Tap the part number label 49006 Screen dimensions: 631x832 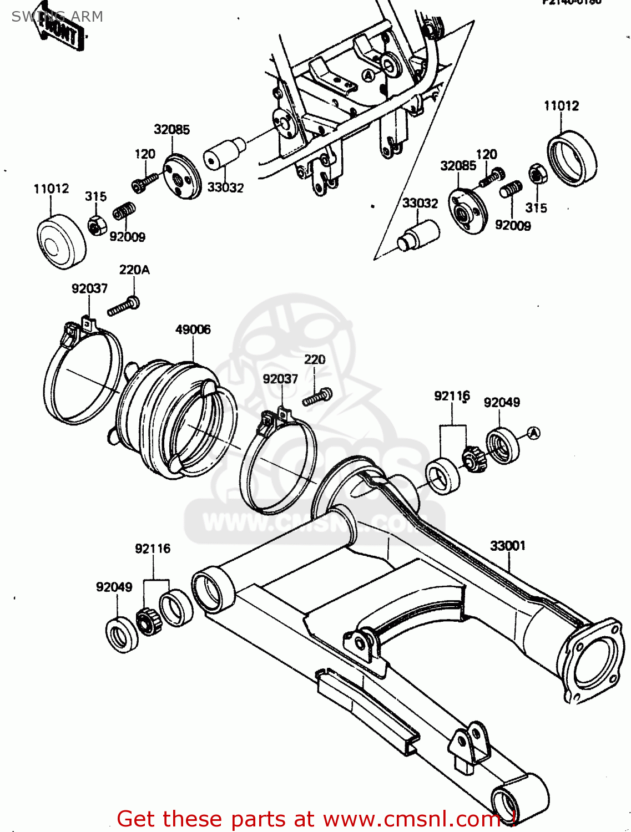pos(193,329)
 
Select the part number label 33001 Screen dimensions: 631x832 pos(507,546)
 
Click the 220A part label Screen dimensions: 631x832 pos(134,270)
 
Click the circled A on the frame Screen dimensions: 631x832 pos(368,75)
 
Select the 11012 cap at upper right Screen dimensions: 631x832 pos(572,158)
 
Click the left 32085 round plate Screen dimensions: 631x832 pos(182,176)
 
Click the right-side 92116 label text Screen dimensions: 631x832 pos(451,396)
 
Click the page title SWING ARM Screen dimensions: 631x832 pos(57,17)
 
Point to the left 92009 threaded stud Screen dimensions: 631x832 pos(124,212)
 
